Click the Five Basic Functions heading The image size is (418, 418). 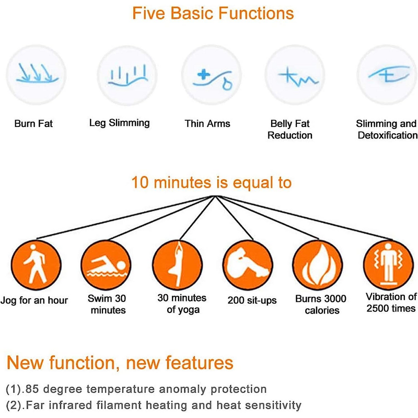tap(213, 14)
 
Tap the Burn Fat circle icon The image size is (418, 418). tap(36, 75)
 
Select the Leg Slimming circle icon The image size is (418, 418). tap(127, 75)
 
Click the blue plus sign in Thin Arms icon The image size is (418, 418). tap(204, 74)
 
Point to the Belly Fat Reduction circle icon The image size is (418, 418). tap(295, 75)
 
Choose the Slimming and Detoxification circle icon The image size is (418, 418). tap(387, 75)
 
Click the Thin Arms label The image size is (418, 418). tap(207, 124)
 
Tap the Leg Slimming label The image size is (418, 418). tap(120, 123)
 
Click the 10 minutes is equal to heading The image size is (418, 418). tap(212, 182)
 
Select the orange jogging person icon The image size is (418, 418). tap(36, 265)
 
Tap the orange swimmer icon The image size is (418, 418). tap(106, 265)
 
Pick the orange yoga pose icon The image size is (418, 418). tap(178, 265)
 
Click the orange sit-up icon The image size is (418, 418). tap(248, 265)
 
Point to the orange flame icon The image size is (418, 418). tap(318, 265)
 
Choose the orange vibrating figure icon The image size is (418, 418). tap(389, 265)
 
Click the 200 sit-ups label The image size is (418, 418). tap(252, 300)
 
